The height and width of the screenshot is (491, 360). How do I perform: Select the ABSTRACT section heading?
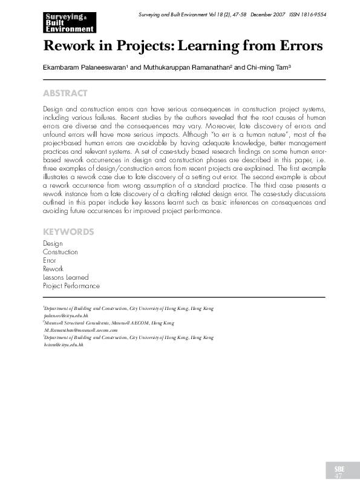click(65, 93)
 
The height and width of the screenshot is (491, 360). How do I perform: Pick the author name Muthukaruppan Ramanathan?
click(185, 68)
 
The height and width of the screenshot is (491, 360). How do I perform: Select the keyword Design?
click(53, 243)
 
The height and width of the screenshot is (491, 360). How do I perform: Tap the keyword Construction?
click(61, 252)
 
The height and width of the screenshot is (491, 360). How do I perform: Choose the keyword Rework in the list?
click(53, 269)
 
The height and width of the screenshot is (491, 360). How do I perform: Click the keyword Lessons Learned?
click(65, 277)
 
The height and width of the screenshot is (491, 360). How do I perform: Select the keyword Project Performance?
click(71, 286)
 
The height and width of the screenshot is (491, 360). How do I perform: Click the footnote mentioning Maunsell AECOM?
click(110, 323)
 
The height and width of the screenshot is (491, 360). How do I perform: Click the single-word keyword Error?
click(50, 260)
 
